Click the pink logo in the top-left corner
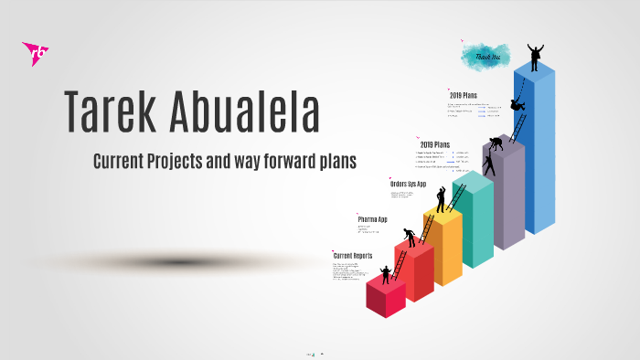pos(35,54)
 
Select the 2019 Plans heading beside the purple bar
pos(434,144)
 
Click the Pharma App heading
pos(372,219)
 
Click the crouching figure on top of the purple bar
pos(496,144)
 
